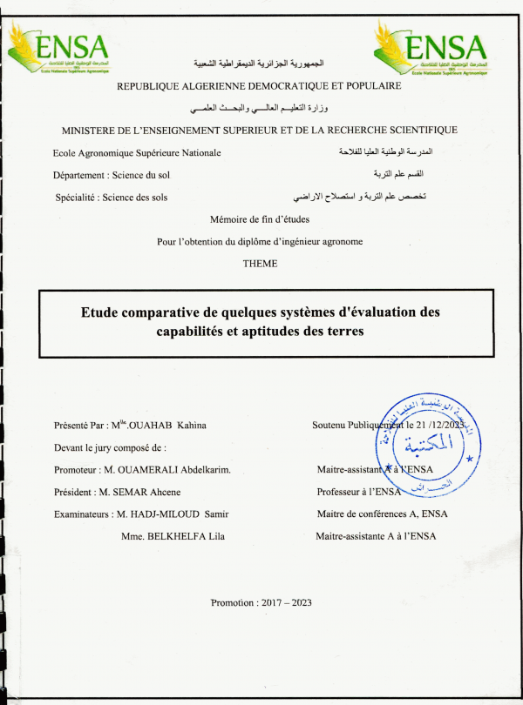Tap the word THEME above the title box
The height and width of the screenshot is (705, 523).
tap(261, 262)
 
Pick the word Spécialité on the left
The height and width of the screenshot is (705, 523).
tap(75, 198)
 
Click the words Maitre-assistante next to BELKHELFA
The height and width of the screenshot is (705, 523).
tap(349, 536)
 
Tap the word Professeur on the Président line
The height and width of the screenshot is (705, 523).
tap(339, 492)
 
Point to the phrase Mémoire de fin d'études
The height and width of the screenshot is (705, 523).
tap(261, 219)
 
